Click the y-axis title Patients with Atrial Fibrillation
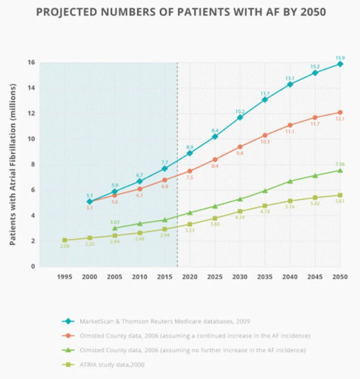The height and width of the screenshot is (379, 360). point(13,164)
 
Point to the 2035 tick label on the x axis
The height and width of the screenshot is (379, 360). point(265,276)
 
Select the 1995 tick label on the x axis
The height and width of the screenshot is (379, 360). point(64,276)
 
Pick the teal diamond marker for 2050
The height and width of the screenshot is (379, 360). point(340,64)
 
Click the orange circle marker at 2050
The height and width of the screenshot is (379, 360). point(340,112)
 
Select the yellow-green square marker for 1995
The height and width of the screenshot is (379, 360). point(64,240)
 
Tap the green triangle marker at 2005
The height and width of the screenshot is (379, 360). point(114,228)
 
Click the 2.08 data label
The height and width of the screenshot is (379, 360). point(64,247)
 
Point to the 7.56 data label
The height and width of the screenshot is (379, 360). point(340,164)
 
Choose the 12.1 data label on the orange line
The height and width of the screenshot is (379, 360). point(340,119)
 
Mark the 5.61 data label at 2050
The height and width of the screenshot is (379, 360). point(340,202)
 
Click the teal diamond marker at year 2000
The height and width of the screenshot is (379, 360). point(89,202)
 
